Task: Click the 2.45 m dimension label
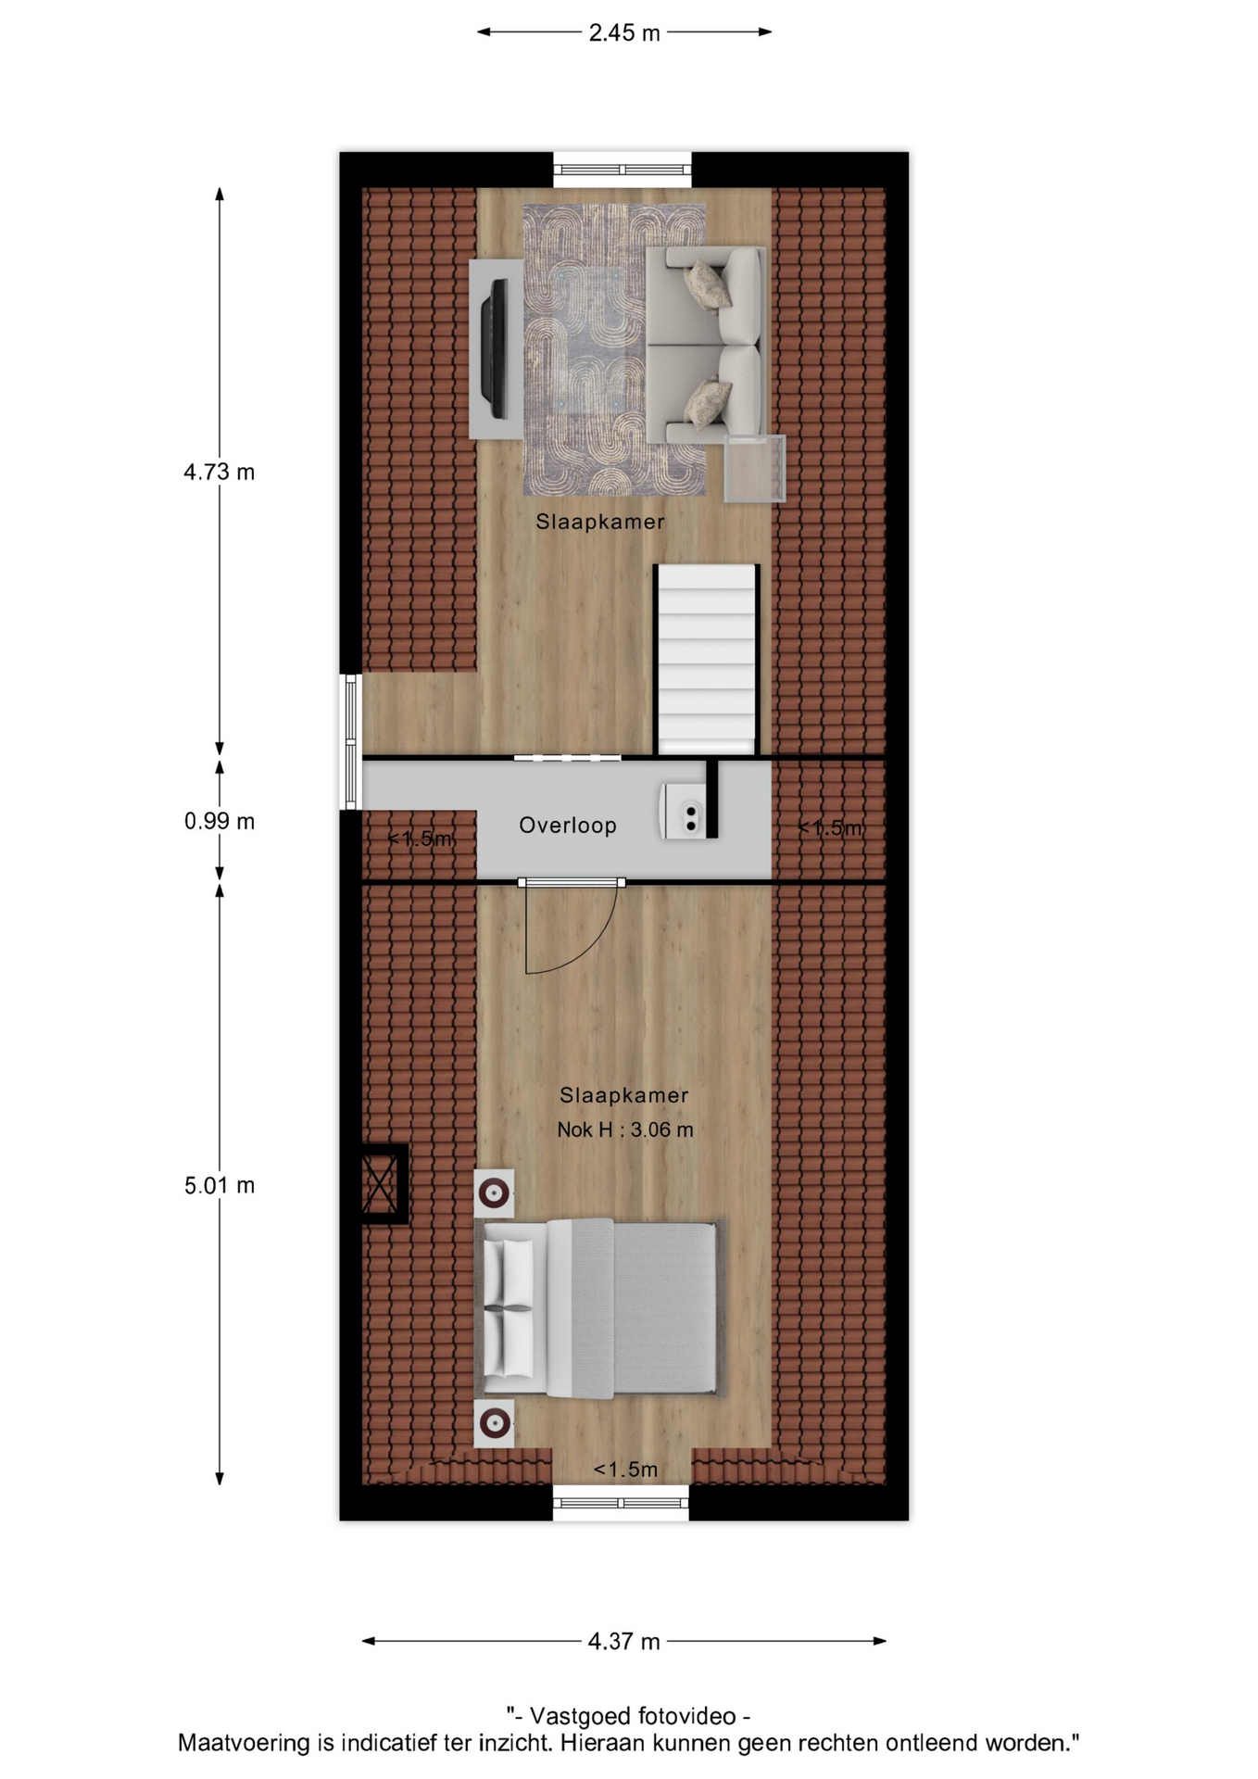pos(624,32)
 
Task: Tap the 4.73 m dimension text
pos(219,472)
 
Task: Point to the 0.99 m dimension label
pos(219,821)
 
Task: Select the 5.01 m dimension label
pos(219,1185)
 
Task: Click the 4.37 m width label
pos(624,1641)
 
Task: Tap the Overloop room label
pos(568,826)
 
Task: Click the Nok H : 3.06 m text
pos(624,1129)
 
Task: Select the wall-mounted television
pos(494,348)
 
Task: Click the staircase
pos(707,660)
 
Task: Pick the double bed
pos(598,1308)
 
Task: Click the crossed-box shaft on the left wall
pos(381,1184)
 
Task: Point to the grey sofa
pos(706,345)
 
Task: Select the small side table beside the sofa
pos(755,469)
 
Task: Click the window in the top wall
pos(623,170)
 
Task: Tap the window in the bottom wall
pos(621,1503)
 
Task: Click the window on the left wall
pos(351,741)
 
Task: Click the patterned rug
pos(614,350)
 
